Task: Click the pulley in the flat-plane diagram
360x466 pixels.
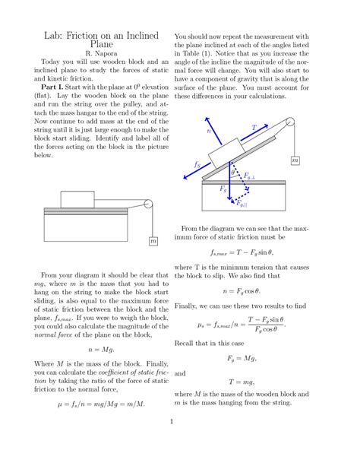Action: coord(148,204)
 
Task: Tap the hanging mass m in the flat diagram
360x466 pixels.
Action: coord(153,241)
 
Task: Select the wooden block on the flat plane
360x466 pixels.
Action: coord(77,199)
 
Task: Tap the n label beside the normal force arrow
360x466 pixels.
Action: coord(210,131)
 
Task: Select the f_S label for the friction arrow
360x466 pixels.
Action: coord(197,164)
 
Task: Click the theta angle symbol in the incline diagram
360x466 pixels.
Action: coord(233,172)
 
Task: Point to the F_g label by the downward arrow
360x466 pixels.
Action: coord(223,188)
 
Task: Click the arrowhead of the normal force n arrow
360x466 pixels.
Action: coord(202,119)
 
